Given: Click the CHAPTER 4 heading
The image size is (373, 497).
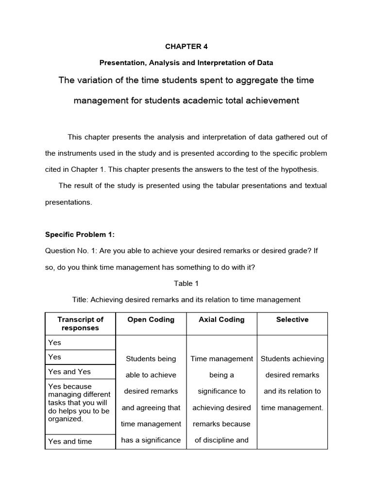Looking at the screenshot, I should point(186,47).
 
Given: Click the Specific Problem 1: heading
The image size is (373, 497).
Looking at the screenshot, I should point(80,234).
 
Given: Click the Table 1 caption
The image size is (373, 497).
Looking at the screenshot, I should point(186,283).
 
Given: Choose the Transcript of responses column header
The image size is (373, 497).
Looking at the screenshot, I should point(80,324).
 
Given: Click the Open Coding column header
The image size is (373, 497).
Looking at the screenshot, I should point(151,319).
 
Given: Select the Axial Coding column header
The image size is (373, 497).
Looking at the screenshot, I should point(221,319).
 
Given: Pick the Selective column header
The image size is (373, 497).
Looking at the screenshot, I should point(292,319).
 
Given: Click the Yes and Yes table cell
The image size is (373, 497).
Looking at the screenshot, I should point(69,372).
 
